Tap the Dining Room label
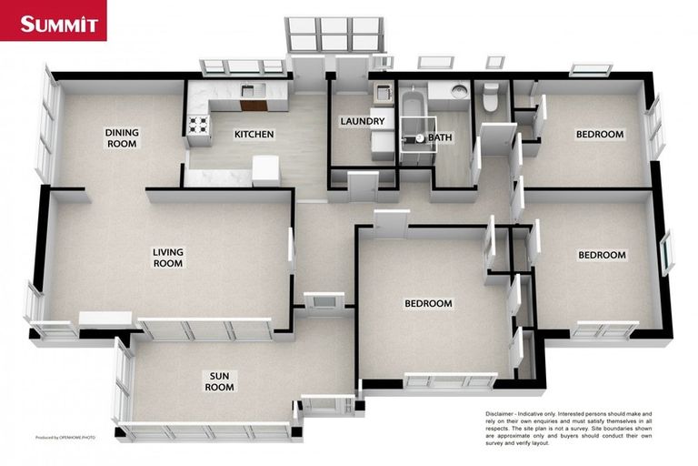pos(122,137)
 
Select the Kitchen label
pos(254,135)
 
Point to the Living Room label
pos(167,257)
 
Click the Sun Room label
pos(219,380)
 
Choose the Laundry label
pos(362,121)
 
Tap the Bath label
pos(441,138)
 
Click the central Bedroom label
pos(428,303)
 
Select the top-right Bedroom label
pos(600,135)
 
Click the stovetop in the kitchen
pos(197,124)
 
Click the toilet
pos(491,96)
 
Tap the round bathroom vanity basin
pos(460,91)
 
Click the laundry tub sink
pos(382,92)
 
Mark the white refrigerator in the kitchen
pos(265,169)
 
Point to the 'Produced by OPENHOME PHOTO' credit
pos(65,438)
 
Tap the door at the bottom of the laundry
pos(363,187)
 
